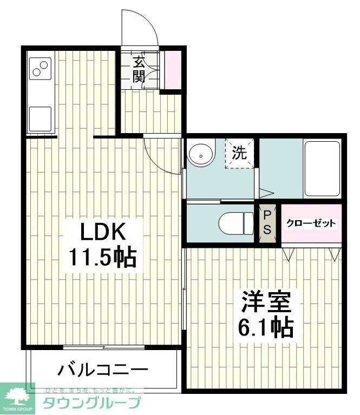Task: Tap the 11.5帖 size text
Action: click(102, 258)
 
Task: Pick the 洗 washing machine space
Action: click(239, 154)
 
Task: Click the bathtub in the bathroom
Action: click(322, 168)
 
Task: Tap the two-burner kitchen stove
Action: click(40, 69)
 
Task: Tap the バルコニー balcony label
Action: click(103, 371)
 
